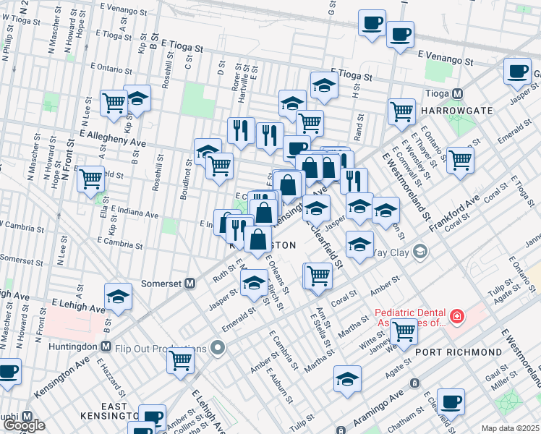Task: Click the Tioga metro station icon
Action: point(457,94)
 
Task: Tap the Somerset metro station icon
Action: point(191,284)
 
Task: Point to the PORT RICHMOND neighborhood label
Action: point(459,352)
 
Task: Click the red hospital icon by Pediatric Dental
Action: point(456,316)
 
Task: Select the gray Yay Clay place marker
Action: point(421,252)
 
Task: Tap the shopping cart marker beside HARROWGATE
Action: point(401,111)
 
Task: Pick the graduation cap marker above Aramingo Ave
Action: point(347,378)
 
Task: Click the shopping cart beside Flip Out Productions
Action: point(180,359)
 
